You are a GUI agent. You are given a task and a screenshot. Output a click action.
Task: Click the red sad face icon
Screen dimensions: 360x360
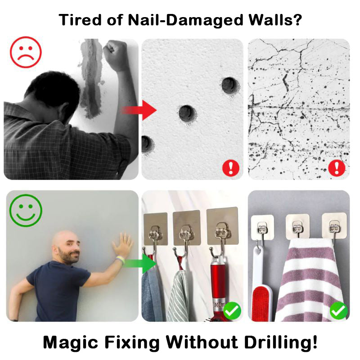pyautogui.click(x=25, y=53)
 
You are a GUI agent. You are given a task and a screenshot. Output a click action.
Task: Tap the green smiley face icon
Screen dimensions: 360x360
pyautogui.click(x=25, y=210)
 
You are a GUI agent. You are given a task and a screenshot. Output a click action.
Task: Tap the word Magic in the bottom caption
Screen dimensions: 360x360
pyautogui.click(x=67, y=343)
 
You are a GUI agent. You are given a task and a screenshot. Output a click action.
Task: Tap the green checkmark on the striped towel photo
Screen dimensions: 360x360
pyautogui.click(x=338, y=310)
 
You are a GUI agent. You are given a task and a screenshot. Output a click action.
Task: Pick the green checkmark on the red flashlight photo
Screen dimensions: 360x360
pyautogui.click(x=232, y=310)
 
